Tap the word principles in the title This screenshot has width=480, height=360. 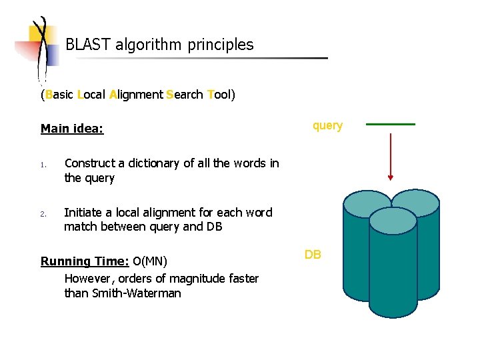[x=221, y=45]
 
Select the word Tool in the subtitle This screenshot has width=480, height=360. [x=219, y=95]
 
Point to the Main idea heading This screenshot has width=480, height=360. [x=72, y=129]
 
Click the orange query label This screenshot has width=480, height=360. [x=327, y=125]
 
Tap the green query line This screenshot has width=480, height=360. [x=391, y=124]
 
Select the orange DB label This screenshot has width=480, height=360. [x=313, y=255]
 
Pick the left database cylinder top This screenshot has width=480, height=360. [x=367, y=202]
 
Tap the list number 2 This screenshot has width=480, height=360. [x=42, y=214]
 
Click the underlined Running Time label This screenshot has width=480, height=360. [x=85, y=261]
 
